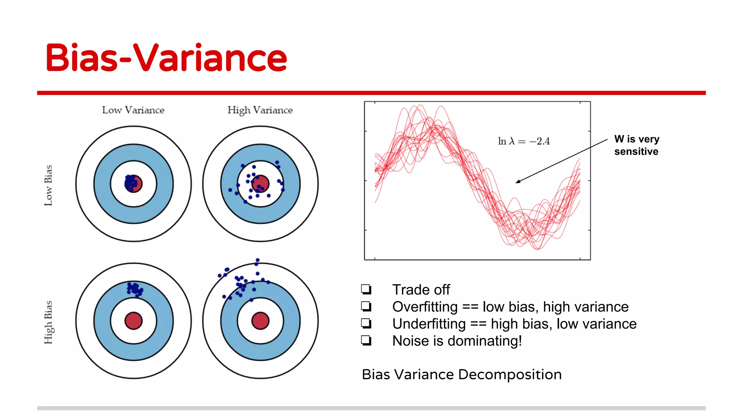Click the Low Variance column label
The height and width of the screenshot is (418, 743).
click(x=133, y=110)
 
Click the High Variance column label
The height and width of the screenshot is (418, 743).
click(x=260, y=110)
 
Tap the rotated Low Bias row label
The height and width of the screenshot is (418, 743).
click(x=48, y=185)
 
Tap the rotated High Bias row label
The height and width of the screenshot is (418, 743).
click(x=48, y=322)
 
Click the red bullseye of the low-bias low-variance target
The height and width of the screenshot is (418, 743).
click(x=134, y=184)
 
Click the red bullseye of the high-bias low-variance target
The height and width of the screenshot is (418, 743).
click(x=134, y=321)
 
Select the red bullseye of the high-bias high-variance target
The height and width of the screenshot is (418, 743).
click(x=260, y=321)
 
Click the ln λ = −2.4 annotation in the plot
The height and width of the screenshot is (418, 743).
click(x=524, y=141)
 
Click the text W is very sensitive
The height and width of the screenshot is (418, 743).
click(x=636, y=145)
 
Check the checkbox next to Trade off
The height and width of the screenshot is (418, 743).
click(x=366, y=289)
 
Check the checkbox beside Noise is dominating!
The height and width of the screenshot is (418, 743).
click(x=366, y=340)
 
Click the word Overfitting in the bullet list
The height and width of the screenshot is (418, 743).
click(x=424, y=307)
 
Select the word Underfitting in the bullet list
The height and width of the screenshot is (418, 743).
click(x=429, y=324)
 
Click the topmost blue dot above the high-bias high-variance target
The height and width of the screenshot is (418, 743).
click(x=257, y=260)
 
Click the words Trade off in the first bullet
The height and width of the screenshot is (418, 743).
click(x=421, y=290)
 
